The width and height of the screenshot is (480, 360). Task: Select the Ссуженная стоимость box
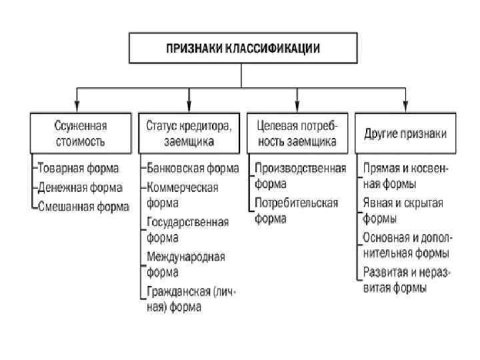point(80,133)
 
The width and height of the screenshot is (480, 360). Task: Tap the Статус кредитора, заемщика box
point(189,133)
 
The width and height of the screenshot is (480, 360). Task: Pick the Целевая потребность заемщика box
point(297,133)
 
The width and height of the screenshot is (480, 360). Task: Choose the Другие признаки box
point(405,133)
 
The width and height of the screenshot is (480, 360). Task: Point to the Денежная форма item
point(80,187)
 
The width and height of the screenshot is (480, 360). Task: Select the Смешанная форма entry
point(83,206)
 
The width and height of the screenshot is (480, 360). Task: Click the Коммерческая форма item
point(183,194)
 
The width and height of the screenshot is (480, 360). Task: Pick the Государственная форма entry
point(187,229)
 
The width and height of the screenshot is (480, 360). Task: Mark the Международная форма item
point(186,263)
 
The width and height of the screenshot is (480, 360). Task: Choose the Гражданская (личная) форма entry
point(191,299)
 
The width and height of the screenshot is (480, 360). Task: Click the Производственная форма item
point(299,175)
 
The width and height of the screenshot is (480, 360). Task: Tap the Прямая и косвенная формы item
point(405,175)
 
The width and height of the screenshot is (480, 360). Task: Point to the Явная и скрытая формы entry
point(403,210)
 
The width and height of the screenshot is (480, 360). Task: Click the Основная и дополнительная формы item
point(406,245)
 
